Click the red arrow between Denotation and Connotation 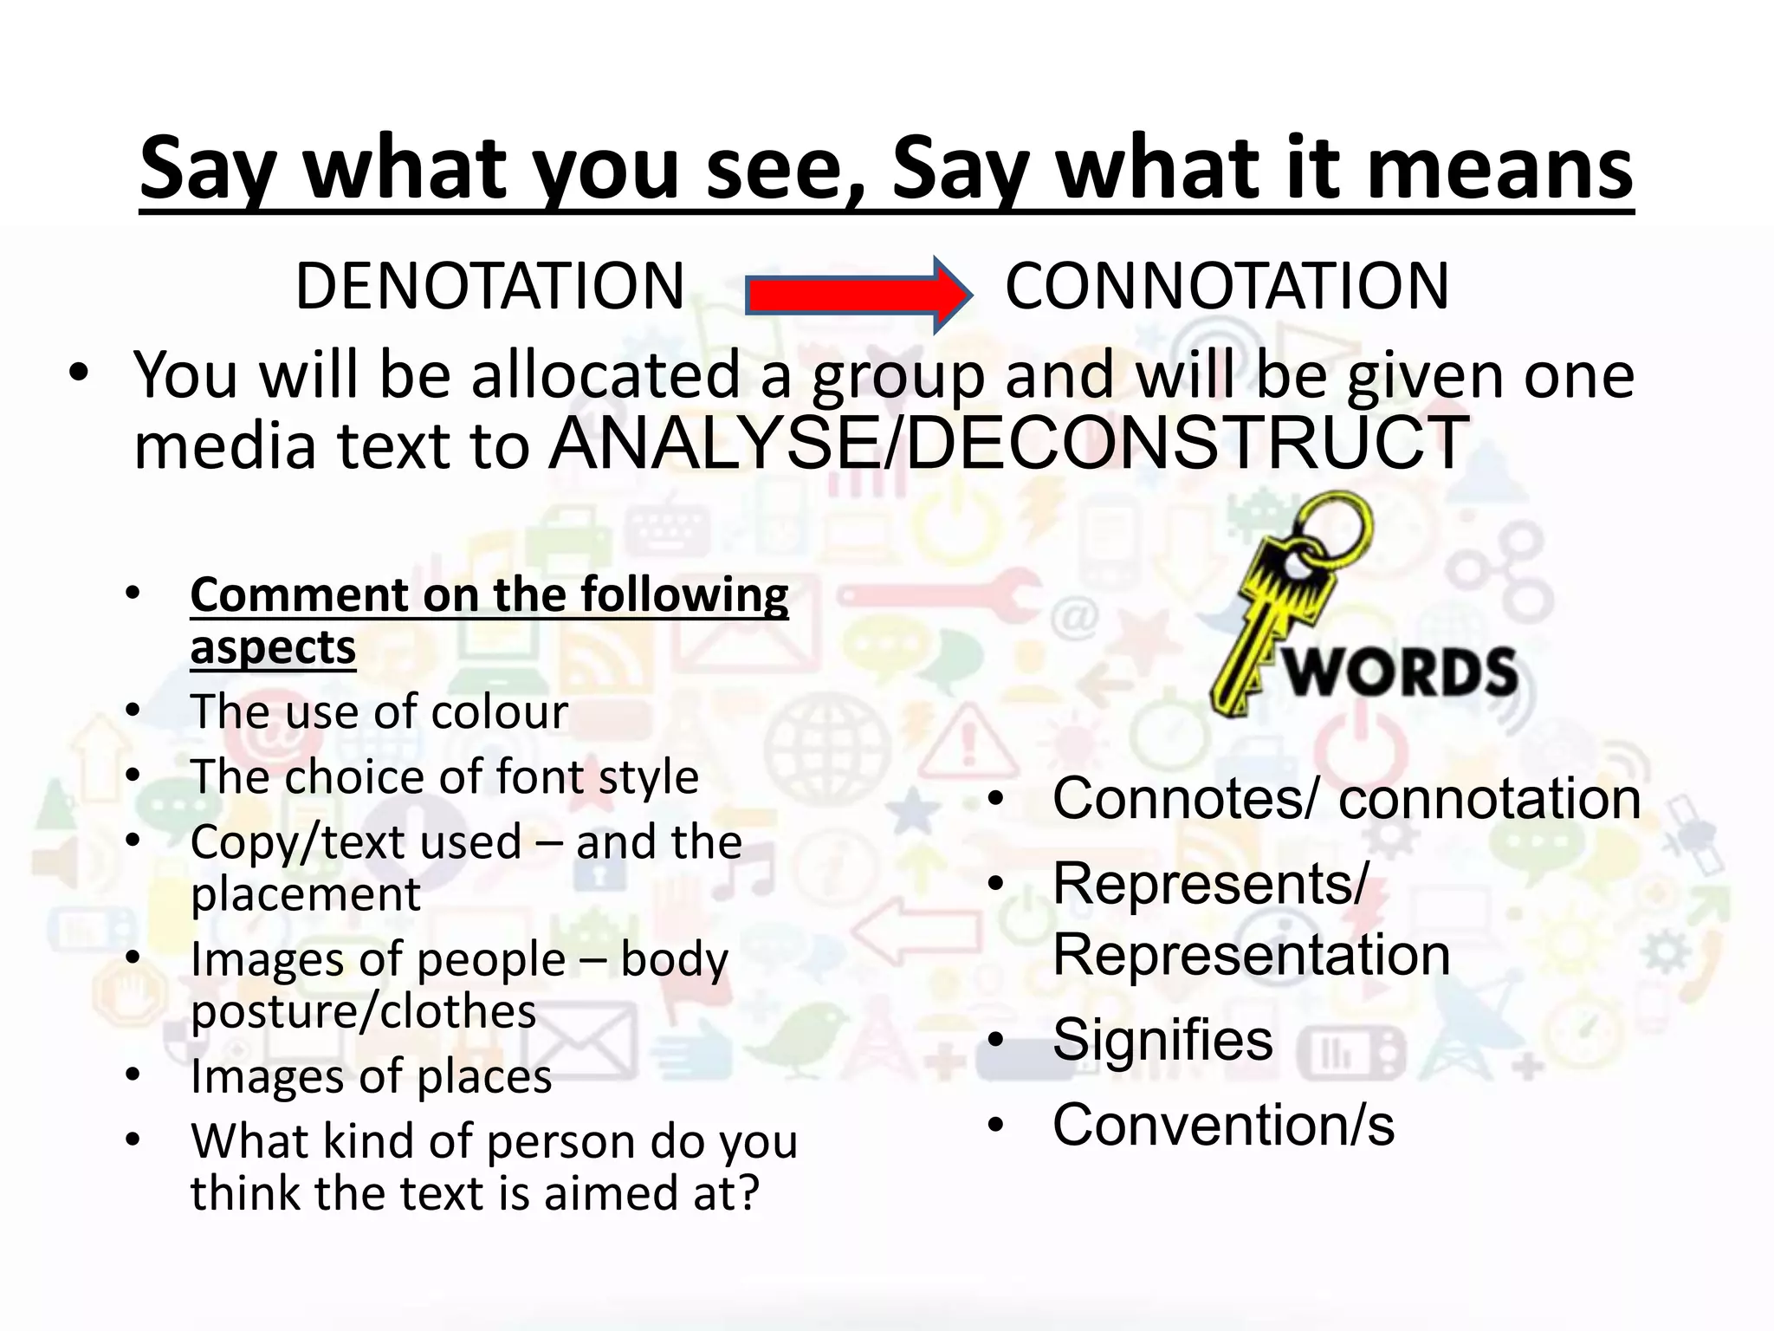(x=858, y=295)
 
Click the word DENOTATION (x=490, y=287)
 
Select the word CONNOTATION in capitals (x=1227, y=287)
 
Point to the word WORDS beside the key (x=1402, y=672)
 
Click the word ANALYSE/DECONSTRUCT (x=1009, y=444)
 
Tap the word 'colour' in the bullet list (x=500, y=712)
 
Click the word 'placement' (x=306, y=894)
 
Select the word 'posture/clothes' (x=364, y=1011)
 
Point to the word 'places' (x=484, y=1077)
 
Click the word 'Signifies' (x=1162, y=1039)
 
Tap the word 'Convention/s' (x=1223, y=1125)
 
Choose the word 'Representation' (x=1251, y=955)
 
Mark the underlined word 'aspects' (x=273, y=647)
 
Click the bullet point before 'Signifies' (x=996, y=1039)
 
